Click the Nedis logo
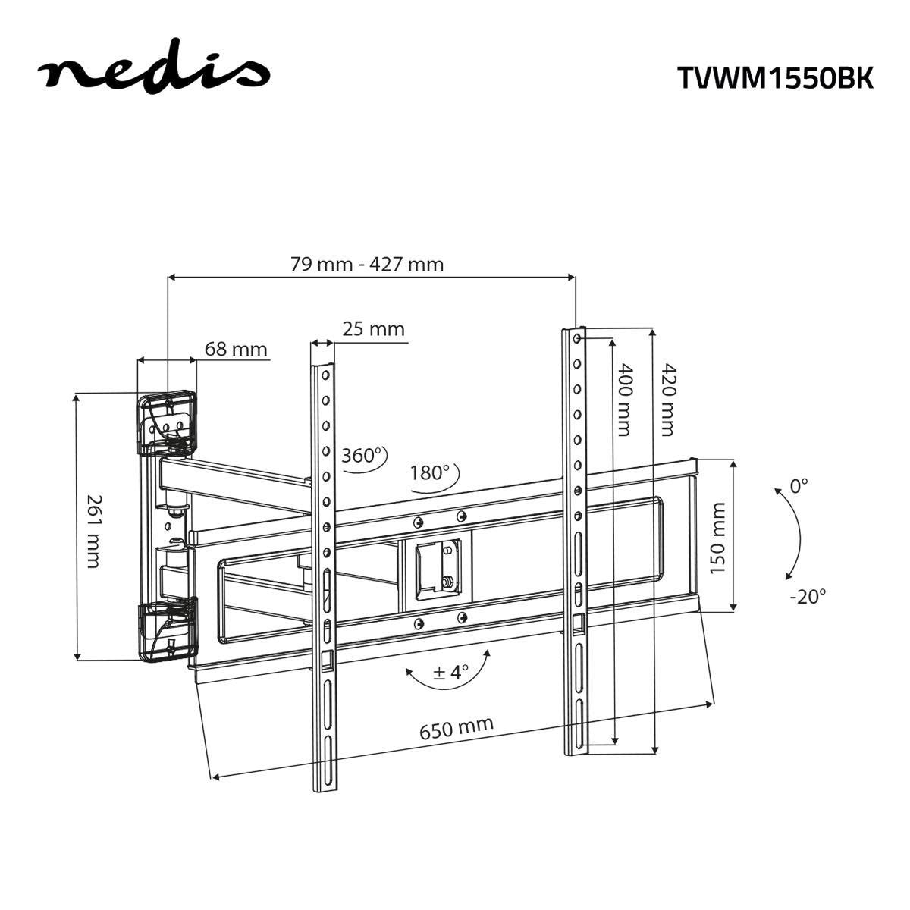[x=154, y=72]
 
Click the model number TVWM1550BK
[x=774, y=77]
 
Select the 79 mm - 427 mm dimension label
[x=367, y=264]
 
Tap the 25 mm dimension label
[x=373, y=329]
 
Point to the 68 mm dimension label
[x=236, y=349]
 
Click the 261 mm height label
[x=93, y=531]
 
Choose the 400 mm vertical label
[x=623, y=400]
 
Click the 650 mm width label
[x=457, y=728]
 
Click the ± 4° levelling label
[x=450, y=672]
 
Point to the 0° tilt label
[x=799, y=486]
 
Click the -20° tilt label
[x=807, y=596]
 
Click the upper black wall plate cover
[x=167, y=422]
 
